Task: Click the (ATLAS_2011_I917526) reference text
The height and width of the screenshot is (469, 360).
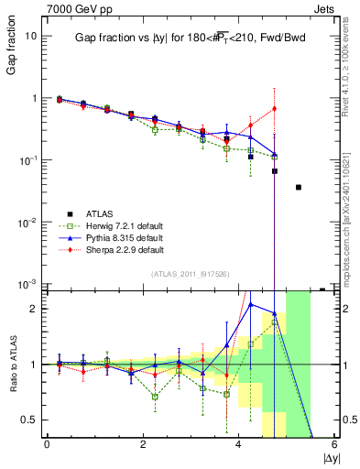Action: click(191, 274)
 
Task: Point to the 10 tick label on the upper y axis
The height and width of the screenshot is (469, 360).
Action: click(30, 36)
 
